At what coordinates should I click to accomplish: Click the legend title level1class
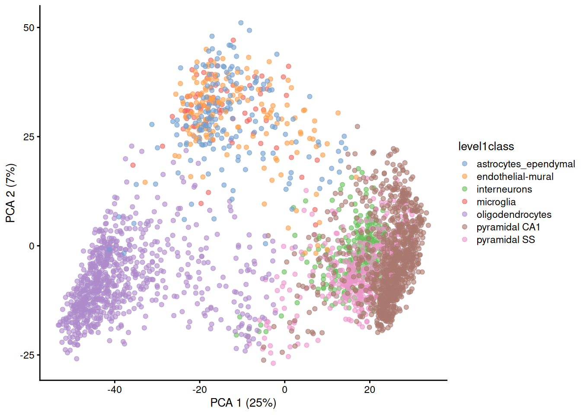point(486,147)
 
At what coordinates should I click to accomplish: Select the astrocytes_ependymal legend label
point(526,164)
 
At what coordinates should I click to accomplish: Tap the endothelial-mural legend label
point(515,177)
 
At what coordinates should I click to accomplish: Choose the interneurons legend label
point(504,189)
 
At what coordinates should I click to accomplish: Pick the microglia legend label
point(496,202)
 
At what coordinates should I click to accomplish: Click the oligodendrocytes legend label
point(514,214)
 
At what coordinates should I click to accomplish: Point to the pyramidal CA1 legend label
point(508,227)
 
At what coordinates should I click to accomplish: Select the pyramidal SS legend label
point(506,239)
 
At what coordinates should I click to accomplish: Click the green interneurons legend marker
point(465,189)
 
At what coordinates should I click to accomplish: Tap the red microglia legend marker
point(465,202)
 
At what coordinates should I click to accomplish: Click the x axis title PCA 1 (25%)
point(243,403)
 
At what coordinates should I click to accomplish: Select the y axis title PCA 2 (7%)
point(10,193)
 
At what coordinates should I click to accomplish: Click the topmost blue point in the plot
point(241,23)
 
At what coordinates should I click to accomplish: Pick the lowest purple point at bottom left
point(77,359)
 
